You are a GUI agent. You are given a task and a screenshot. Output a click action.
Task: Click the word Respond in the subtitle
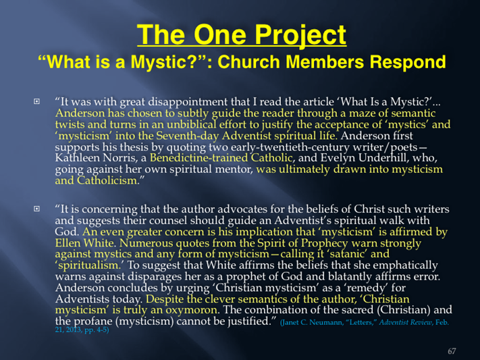pyautogui.click(x=408, y=63)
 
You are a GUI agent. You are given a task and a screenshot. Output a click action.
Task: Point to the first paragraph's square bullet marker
pyautogui.click(x=36, y=101)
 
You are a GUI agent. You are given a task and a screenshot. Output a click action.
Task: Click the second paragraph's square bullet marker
pyautogui.click(x=36, y=209)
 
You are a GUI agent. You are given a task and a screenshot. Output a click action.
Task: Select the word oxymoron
pyautogui.click(x=192, y=311)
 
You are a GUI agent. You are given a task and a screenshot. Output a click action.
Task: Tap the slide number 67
pyautogui.click(x=452, y=351)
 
